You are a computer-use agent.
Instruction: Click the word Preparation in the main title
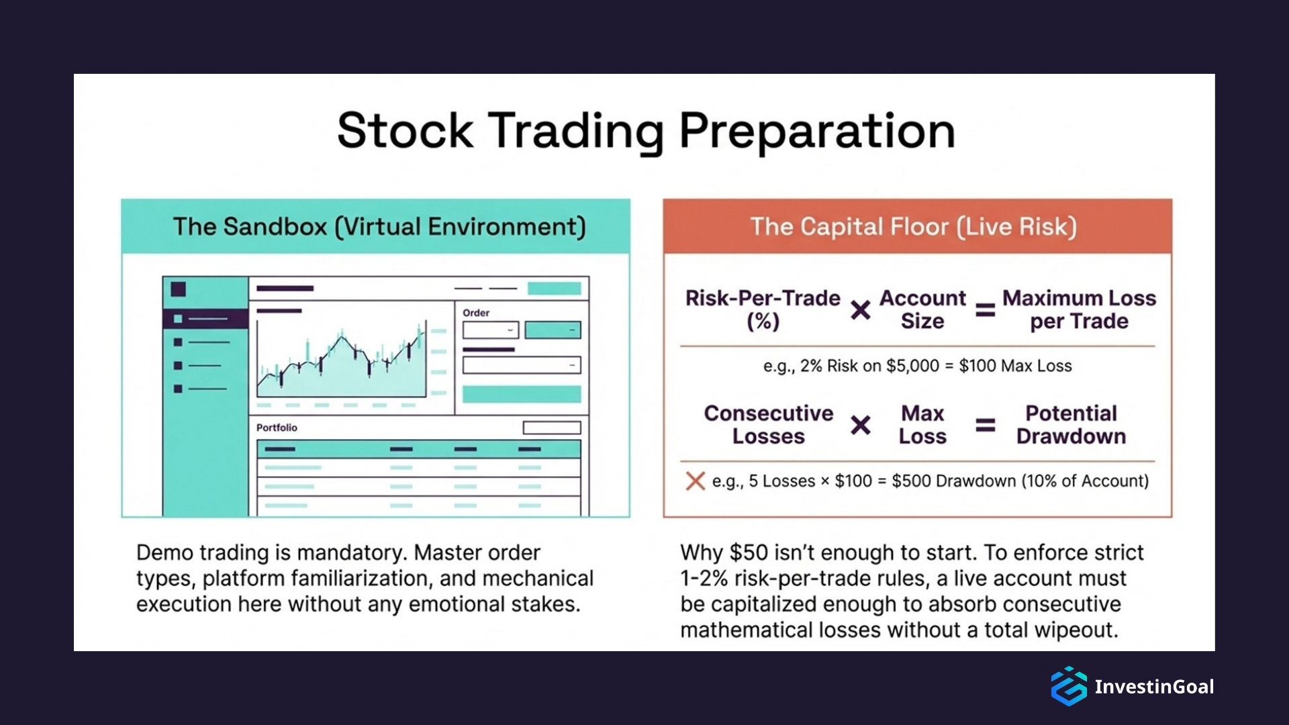[816, 130]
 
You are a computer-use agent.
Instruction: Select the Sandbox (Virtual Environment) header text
[379, 227]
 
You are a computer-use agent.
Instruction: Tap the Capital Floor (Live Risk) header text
[913, 227]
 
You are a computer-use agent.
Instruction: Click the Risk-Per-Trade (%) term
[763, 309]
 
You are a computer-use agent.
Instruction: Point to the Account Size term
[922, 309]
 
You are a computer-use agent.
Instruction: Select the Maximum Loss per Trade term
[1079, 309]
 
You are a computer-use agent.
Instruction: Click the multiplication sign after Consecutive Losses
[860, 425]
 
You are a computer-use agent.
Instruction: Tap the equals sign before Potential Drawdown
[985, 425]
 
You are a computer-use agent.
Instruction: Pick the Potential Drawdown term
[1071, 425]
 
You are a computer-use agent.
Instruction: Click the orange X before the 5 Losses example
[696, 481]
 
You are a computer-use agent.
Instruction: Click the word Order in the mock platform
[476, 313]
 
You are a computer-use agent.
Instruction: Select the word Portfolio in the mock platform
[277, 428]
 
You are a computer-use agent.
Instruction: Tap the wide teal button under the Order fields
[522, 394]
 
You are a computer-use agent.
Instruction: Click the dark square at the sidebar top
[178, 289]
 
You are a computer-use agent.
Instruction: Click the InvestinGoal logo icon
[1068, 686]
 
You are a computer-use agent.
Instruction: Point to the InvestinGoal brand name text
[1154, 687]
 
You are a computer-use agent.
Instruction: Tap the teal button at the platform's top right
[554, 289]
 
